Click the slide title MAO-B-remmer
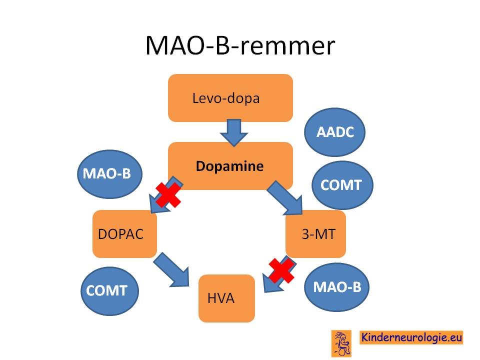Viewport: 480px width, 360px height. (x=240, y=45)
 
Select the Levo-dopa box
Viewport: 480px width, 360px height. (x=230, y=98)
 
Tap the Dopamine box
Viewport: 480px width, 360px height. (x=230, y=166)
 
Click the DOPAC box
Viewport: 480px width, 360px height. (x=124, y=234)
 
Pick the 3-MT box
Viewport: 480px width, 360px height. (x=315, y=234)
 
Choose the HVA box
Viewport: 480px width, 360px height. (x=226, y=298)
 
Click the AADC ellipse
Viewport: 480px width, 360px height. (x=334, y=132)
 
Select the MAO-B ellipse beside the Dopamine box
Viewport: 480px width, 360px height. (x=109, y=173)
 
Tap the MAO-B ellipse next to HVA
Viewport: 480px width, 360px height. (x=336, y=287)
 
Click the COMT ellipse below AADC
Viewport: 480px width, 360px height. (x=342, y=185)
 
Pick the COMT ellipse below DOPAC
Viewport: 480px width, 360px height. (x=109, y=291)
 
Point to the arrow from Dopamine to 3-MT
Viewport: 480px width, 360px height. (x=285, y=197)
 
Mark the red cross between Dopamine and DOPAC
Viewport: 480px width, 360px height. (x=168, y=195)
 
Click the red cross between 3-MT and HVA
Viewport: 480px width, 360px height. (x=281, y=270)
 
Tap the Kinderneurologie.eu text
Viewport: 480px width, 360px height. (x=411, y=337)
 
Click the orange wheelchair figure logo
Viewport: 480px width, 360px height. (x=341, y=343)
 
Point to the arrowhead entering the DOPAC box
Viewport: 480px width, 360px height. (x=158, y=204)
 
